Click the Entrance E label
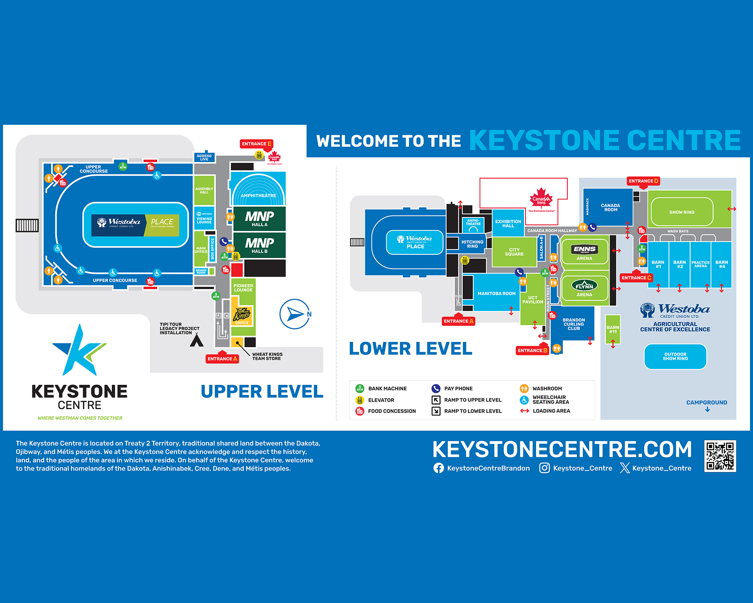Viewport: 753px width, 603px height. [256, 144]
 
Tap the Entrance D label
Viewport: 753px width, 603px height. [643, 181]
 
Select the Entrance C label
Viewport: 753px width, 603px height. [636, 278]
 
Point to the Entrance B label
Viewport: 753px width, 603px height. [532, 350]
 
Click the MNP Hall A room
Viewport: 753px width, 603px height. [259, 219]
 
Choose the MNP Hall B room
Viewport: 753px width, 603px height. [259, 245]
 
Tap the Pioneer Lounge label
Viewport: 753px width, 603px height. [243, 288]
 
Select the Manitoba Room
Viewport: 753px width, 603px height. [496, 293]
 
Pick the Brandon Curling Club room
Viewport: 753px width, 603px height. [573, 324]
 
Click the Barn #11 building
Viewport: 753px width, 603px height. [613, 329]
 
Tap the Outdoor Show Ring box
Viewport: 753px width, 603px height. [675, 357]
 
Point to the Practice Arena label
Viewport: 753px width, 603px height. [700, 264]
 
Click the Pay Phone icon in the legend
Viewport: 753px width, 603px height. [436, 389]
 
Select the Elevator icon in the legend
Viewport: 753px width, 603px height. [360, 400]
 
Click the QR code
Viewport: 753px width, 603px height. [720, 456]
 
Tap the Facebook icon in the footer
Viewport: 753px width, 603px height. [439, 468]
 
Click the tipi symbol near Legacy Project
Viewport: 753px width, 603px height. [197, 341]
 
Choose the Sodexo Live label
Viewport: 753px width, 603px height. [204, 158]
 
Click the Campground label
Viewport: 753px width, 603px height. [707, 403]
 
